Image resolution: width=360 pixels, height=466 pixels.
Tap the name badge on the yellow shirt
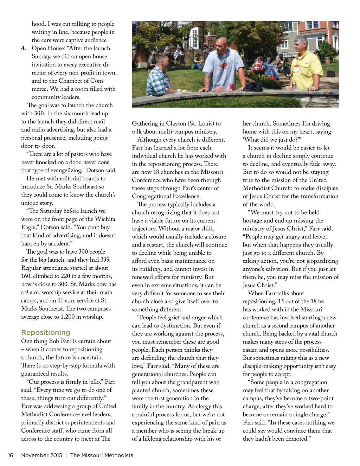coord(296,69)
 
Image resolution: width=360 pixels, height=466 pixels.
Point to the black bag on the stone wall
coord(253,87)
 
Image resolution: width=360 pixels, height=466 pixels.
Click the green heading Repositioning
coord(46,332)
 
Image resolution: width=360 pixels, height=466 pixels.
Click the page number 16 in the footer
coord(11,455)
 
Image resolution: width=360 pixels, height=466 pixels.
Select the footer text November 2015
coord(41,455)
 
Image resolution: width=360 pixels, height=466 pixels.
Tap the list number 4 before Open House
coord(24,48)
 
